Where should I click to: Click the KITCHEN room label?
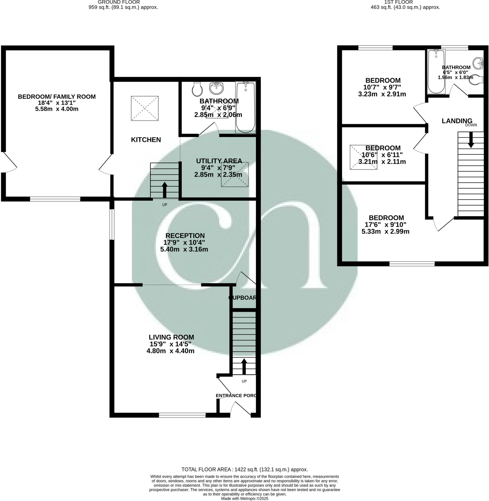coord(146,140)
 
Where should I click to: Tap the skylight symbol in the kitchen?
coord(145,108)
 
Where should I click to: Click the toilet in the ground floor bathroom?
coord(197,89)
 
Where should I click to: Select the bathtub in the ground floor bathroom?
coord(246,107)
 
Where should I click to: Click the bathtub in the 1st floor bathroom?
coord(436,71)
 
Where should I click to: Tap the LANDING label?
coord(457,121)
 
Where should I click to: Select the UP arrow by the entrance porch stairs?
coord(244,366)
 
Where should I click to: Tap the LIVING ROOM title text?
coord(171,337)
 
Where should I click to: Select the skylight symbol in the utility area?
coord(235,174)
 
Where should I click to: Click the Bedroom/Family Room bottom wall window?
coord(55,199)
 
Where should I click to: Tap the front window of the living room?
coord(182,415)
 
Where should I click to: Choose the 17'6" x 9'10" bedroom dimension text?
coord(385,224)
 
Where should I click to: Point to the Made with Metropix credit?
coord(244,498)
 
